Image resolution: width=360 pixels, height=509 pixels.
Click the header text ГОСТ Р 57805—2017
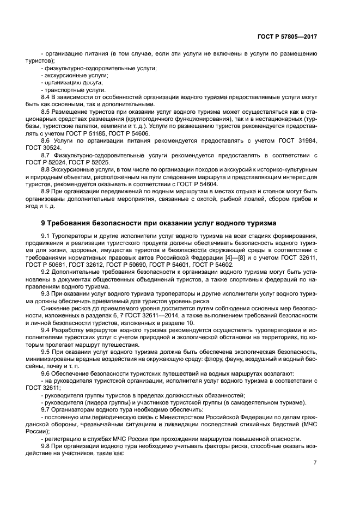pos(286,36)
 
